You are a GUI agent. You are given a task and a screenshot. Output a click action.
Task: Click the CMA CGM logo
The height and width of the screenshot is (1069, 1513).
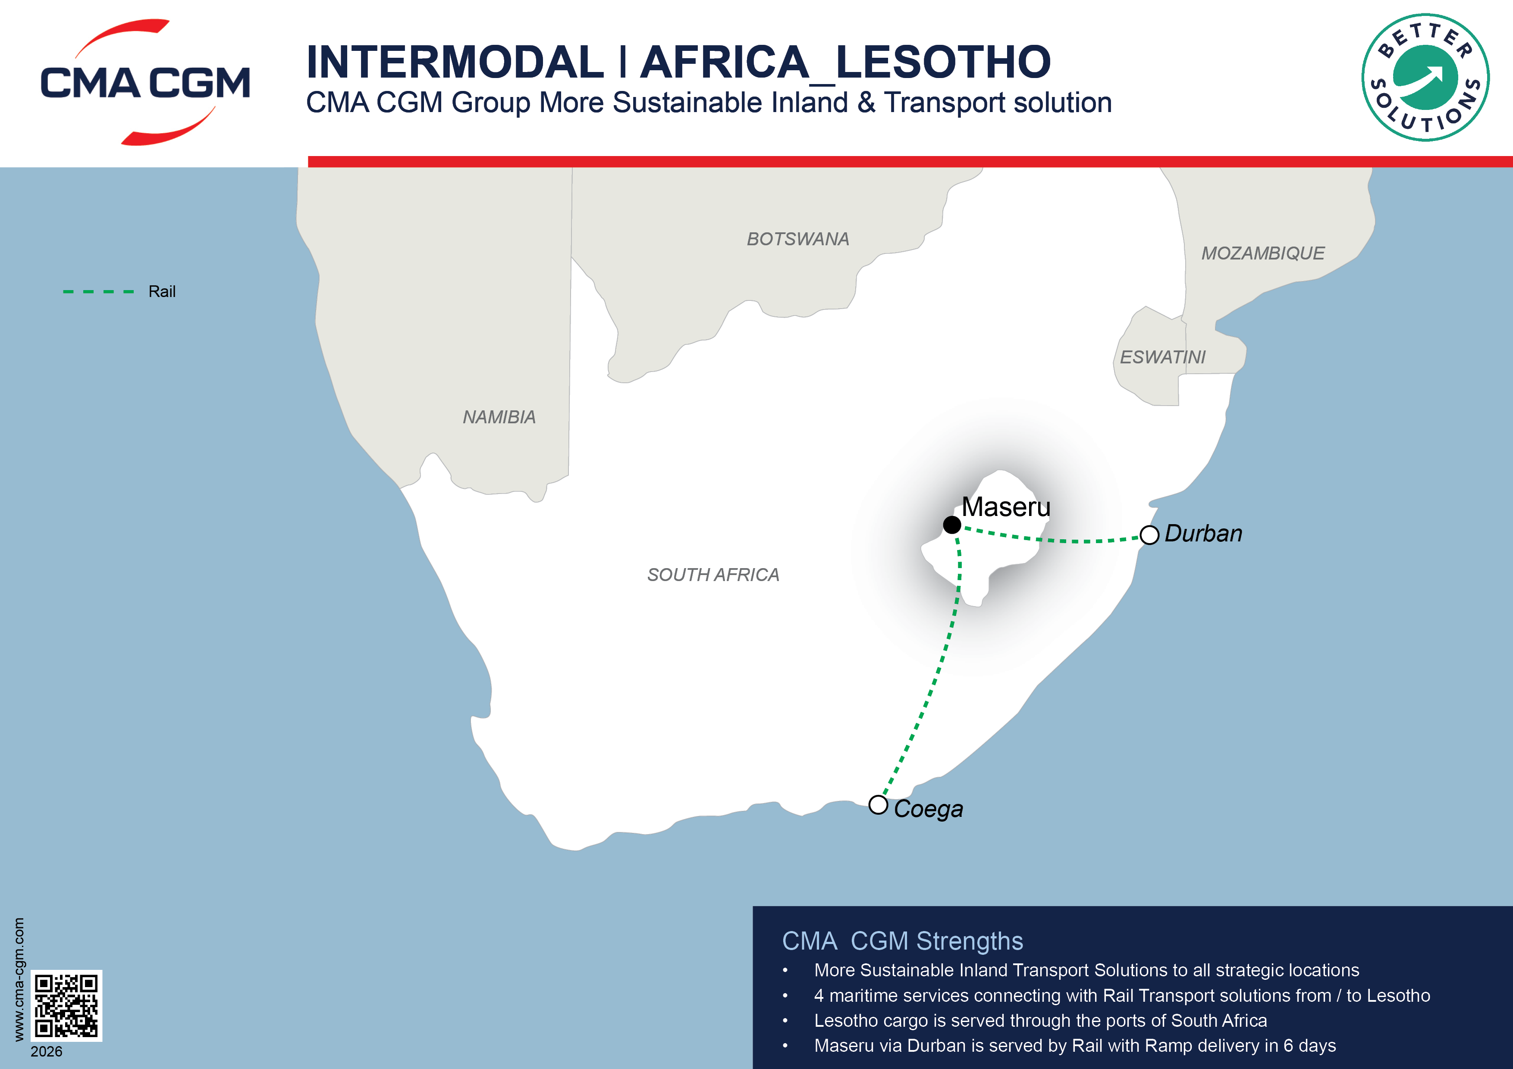145,82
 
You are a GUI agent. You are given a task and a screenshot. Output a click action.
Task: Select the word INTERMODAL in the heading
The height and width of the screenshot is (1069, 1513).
455,62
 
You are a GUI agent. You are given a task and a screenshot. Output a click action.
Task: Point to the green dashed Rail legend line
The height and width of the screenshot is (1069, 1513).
98,291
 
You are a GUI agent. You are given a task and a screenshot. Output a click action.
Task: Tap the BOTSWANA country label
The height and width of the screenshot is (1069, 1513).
797,239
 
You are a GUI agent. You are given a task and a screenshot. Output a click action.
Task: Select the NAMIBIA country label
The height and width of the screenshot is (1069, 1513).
499,417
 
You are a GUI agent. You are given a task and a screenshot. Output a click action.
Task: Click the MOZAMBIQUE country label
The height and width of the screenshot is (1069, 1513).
1262,253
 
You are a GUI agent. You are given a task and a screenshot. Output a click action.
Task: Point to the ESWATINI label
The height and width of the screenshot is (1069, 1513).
1162,357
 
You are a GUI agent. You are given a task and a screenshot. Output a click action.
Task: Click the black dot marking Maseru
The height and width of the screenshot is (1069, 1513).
951,525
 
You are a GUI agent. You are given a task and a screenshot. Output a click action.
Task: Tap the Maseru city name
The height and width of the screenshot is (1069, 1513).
1006,506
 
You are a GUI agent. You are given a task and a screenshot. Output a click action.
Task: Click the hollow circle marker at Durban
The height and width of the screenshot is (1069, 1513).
1149,535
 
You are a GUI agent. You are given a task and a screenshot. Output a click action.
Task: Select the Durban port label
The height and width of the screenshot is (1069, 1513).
1203,534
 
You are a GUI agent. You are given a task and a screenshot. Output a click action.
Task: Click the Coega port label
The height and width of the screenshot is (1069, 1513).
929,809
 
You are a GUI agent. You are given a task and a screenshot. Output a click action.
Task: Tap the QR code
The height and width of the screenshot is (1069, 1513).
66,1005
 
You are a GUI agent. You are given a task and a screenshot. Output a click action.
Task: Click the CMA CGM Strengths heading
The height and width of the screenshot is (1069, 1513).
902,941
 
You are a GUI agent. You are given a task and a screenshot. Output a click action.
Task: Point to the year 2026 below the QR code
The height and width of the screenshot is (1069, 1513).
46,1052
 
